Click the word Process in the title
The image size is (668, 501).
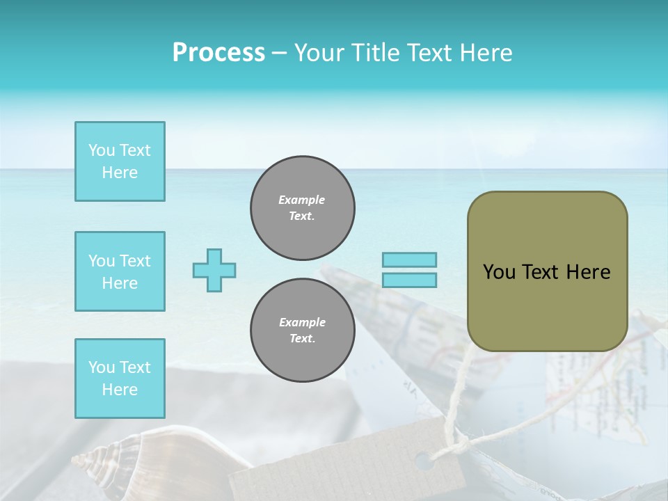(x=218, y=53)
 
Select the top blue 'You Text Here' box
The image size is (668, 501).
(x=120, y=161)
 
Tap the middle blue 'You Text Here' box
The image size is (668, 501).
(x=120, y=271)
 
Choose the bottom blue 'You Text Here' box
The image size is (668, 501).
(x=120, y=379)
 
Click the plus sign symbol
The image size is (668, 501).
(x=214, y=270)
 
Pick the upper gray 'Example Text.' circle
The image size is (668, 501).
(x=303, y=208)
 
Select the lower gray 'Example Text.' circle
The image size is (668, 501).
(x=303, y=331)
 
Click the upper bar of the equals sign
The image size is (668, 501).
(x=409, y=260)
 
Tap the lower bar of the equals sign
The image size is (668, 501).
(x=409, y=280)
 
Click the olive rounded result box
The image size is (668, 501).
(x=547, y=271)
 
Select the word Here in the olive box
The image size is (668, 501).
(x=588, y=272)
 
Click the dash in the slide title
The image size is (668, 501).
(x=279, y=53)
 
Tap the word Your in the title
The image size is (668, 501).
(x=317, y=53)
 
